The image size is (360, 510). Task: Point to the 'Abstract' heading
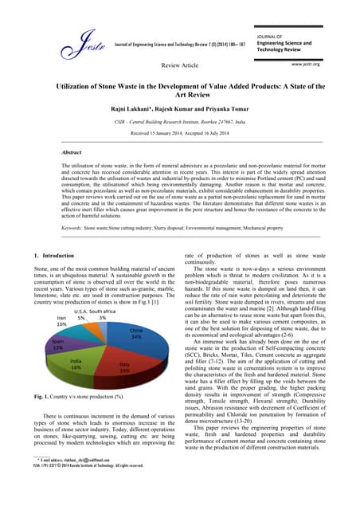click(x=74, y=151)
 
